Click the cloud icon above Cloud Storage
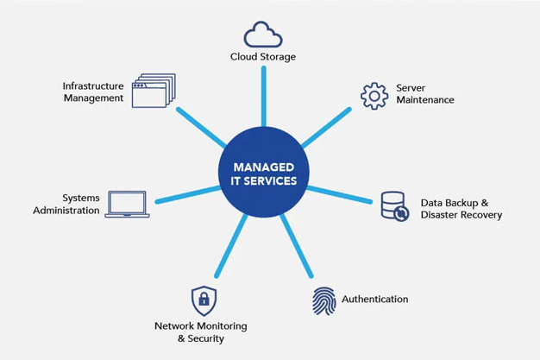click(263, 35)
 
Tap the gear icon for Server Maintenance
click(374, 95)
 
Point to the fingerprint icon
click(324, 300)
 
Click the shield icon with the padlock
click(204, 300)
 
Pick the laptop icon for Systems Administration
click(127, 205)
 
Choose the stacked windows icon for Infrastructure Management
click(154, 91)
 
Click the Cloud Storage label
click(263, 57)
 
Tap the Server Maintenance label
click(424, 94)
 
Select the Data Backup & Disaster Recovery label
click(461, 208)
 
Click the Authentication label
click(374, 300)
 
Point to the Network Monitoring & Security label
click(200, 332)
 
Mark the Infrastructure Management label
click(93, 92)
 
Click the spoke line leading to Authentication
click(295, 247)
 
